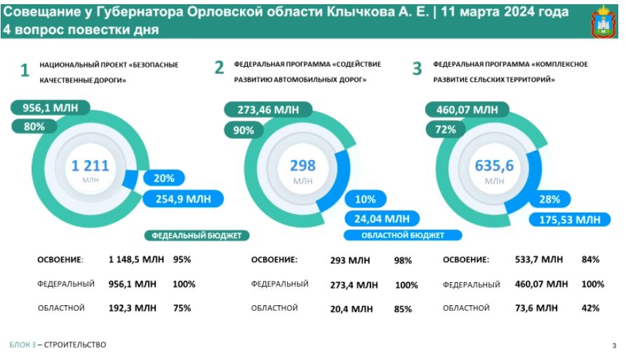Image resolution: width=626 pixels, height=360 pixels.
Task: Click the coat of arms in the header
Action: (604, 22)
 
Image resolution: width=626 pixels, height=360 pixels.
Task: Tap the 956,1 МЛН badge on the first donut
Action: (51, 108)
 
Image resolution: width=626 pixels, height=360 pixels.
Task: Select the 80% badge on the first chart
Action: (34, 126)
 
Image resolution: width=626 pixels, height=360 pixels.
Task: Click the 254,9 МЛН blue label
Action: (183, 199)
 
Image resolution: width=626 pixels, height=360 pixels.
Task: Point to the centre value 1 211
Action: (91, 166)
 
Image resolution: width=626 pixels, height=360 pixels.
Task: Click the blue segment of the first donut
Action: (130, 179)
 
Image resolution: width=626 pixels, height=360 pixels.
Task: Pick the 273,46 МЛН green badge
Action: (268, 109)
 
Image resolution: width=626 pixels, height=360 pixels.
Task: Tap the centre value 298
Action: (302, 166)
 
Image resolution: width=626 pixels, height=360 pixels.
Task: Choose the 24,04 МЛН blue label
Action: (382, 219)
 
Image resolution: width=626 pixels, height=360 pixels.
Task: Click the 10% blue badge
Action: (366, 199)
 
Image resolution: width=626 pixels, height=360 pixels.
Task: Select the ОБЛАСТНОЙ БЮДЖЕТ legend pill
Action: (403, 236)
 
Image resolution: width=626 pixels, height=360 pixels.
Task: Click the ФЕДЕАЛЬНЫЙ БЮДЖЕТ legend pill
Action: (197, 236)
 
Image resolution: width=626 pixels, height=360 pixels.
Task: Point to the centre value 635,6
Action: (494, 166)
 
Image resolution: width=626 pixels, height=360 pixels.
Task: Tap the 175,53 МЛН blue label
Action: (570, 220)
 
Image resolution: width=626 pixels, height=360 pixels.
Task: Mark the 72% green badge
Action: (446, 130)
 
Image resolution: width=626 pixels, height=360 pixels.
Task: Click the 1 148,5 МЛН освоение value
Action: (136, 260)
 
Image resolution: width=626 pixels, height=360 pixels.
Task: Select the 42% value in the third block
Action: (590, 308)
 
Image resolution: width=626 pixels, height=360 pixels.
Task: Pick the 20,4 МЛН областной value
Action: (352, 309)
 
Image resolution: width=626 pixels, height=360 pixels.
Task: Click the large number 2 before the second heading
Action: (219, 67)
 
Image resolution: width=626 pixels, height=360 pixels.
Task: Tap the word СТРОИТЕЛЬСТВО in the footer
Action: (75, 345)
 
